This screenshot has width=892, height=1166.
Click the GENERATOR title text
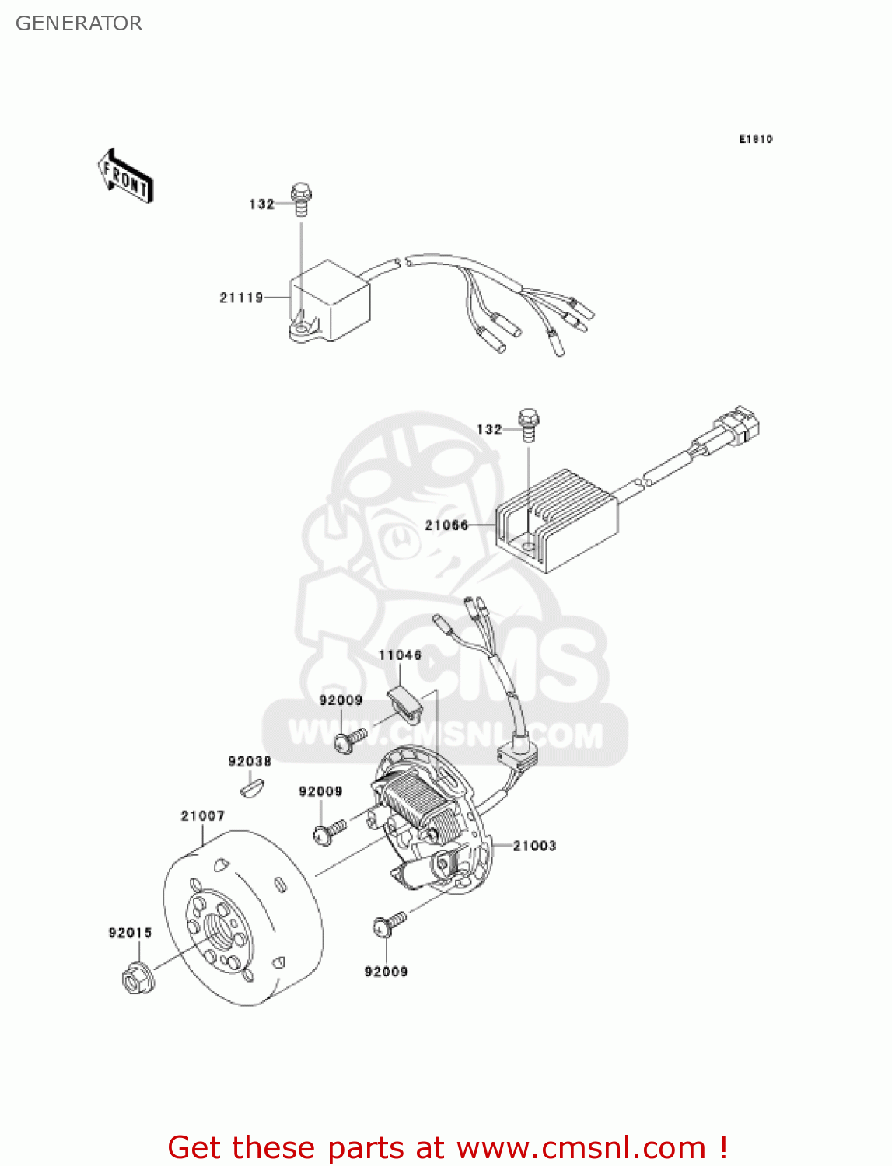click(x=79, y=23)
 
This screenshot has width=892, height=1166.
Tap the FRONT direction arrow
click(x=125, y=176)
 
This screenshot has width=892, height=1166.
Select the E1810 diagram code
click(x=755, y=139)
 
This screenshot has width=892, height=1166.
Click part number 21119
click(x=241, y=298)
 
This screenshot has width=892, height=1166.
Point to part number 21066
click(x=446, y=525)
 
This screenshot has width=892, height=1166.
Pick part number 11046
click(x=400, y=655)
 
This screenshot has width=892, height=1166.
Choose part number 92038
click(x=250, y=762)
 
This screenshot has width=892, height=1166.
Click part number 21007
click(x=202, y=816)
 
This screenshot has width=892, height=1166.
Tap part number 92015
click(x=130, y=933)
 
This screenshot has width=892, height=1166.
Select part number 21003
click(x=534, y=846)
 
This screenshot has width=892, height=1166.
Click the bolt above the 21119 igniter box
click(x=301, y=199)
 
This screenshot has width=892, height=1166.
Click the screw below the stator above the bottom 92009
click(x=389, y=924)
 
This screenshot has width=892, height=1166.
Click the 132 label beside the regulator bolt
click(x=489, y=429)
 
